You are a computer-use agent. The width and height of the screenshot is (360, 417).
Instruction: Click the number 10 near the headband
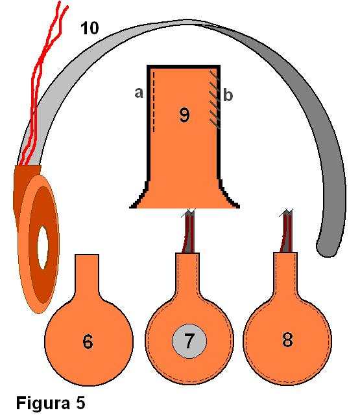(x=90, y=28)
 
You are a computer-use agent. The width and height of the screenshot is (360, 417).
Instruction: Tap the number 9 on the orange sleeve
(x=184, y=115)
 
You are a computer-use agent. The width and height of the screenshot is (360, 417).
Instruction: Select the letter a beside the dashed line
(x=139, y=93)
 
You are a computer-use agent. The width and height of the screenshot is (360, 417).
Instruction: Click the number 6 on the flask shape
(x=88, y=341)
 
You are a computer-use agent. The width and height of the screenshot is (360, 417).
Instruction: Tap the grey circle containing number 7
(x=189, y=341)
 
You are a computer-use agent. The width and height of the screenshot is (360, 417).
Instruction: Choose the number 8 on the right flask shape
(x=287, y=339)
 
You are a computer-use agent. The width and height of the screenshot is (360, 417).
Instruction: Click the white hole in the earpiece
(x=43, y=247)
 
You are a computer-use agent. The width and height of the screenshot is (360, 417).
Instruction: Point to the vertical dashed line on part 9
(x=154, y=101)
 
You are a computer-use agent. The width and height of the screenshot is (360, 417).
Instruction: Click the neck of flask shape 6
(x=87, y=274)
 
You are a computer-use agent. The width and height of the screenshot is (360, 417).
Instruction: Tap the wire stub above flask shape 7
(x=189, y=231)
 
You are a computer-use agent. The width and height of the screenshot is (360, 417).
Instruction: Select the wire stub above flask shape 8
(x=286, y=231)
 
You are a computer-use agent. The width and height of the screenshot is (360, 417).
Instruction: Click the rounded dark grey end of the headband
(x=327, y=246)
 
